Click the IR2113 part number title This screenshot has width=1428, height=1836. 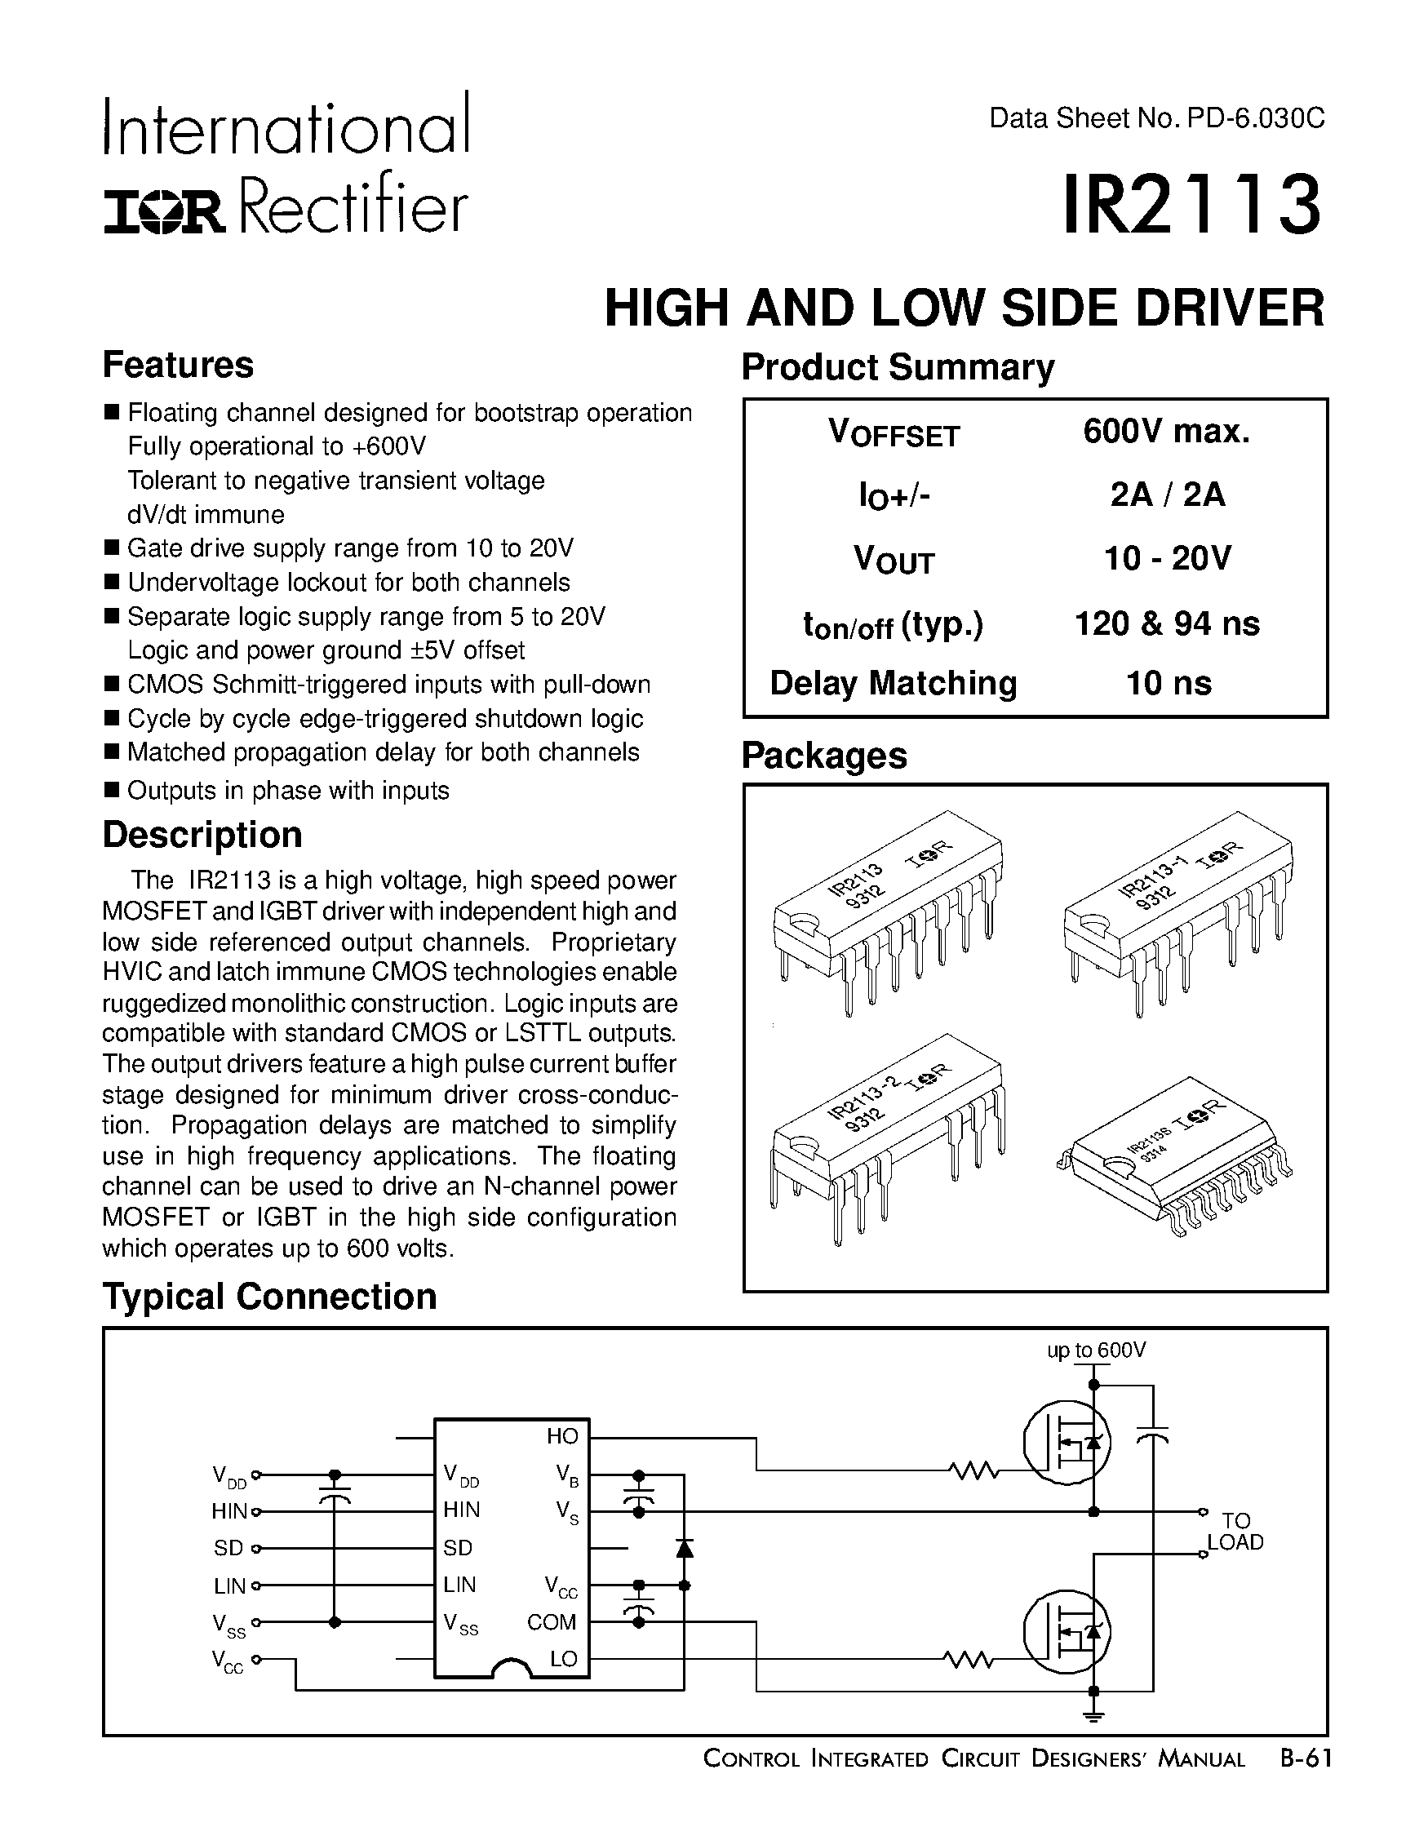[x=1192, y=203]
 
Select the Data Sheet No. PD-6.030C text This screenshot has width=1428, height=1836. [x=1156, y=118]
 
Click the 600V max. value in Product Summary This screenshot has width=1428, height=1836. [x=1167, y=432]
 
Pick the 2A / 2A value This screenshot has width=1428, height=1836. [x=1168, y=494]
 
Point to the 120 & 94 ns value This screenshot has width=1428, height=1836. [x=1168, y=623]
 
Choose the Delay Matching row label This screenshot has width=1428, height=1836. [x=894, y=684]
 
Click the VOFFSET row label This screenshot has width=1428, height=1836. [x=894, y=434]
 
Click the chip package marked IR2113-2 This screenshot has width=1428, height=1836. [x=887, y=1135]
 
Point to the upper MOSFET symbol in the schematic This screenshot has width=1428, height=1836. [x=1067, y=1443]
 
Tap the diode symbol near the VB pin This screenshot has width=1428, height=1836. [x=684, y=1547]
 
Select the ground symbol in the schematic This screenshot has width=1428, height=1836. [x=1093, y=1718]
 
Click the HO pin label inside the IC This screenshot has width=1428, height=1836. [x=562, y=1436]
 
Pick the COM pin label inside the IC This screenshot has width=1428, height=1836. [x=552, y=1621]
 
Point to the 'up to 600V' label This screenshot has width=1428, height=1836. [x=1096, y=1351]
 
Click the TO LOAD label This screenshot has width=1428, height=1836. [x=1235, y=1532]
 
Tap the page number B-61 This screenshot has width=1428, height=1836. [x=1306, y=1758]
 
